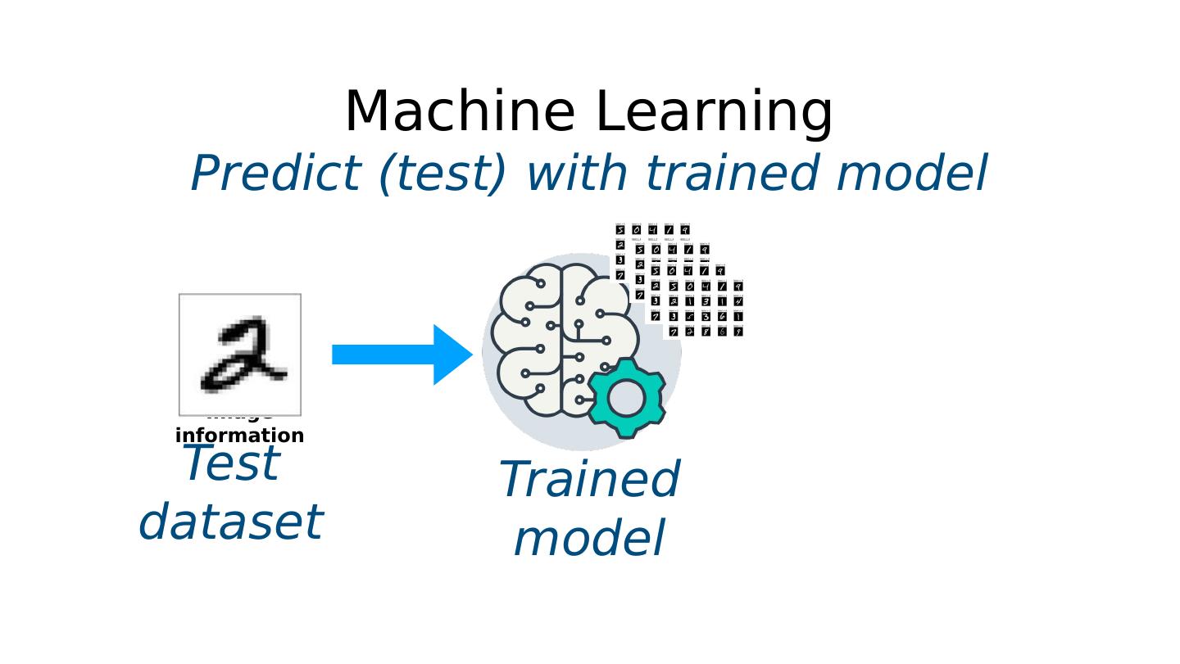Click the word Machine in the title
[460, 112]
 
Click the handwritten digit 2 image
[240, 355]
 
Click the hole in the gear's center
[626, 398]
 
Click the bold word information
[240, 435]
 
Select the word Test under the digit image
[232, 463]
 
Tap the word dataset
[231, 522]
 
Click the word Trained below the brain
[589, 480]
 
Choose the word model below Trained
[589, 539]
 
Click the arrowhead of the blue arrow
[452, 355]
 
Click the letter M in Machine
[368, 112]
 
